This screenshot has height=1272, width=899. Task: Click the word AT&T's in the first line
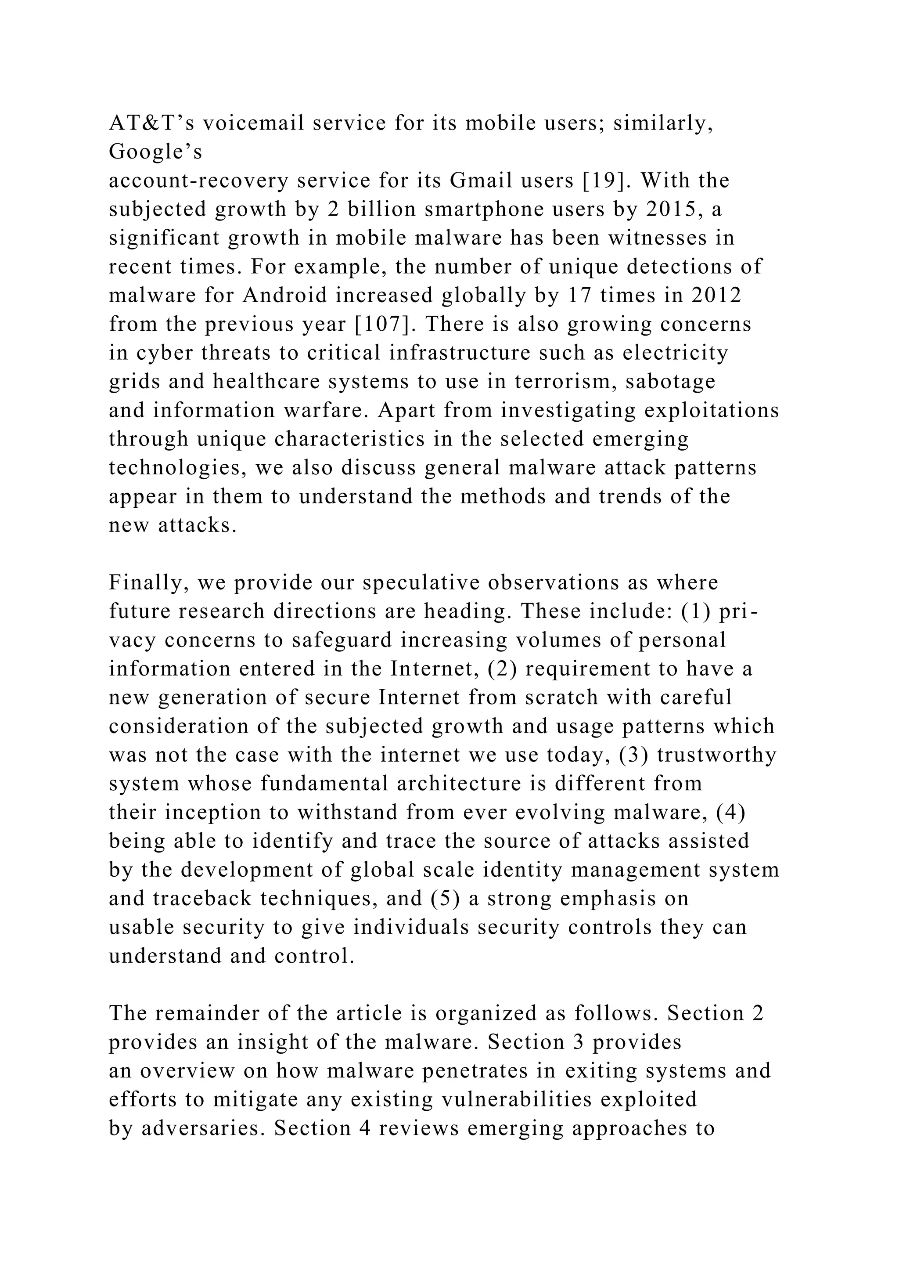151,123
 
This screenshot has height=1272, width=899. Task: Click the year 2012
716,295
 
